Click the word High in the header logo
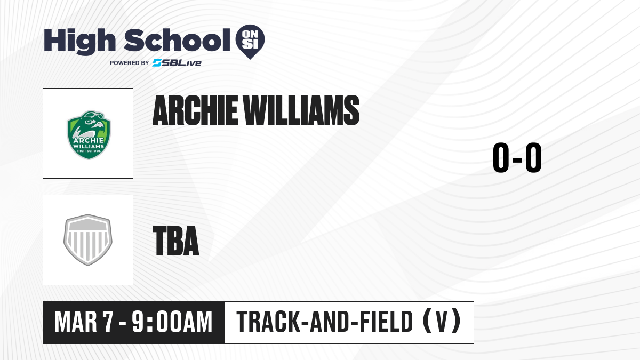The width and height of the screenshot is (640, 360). tap(79, 41)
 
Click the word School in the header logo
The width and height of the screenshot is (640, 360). tap(177, 40)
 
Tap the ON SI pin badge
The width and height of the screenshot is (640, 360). tap(250, 42)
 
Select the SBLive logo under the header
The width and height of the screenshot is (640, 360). tap(177, 63)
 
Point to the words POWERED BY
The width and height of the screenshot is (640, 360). tap(130, 63)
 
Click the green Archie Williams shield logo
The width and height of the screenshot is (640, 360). tap(89, 134)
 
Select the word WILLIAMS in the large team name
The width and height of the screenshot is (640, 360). tap(301, 110)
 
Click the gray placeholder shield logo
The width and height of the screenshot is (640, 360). tap(88, 239)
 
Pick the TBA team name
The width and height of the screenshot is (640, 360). tap(176, 241)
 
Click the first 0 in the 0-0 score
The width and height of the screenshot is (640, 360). tap(501, 157)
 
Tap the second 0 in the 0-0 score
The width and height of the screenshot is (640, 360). tap(533, 157)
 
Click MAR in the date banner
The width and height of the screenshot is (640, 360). tap(76, 322)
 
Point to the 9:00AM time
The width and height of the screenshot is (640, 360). tap(172, 322)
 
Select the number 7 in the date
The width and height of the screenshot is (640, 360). tap(108, 322)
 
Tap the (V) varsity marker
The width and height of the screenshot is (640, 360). tap(442, 322)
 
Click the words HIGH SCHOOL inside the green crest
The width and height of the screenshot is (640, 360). tap(89, 151)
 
